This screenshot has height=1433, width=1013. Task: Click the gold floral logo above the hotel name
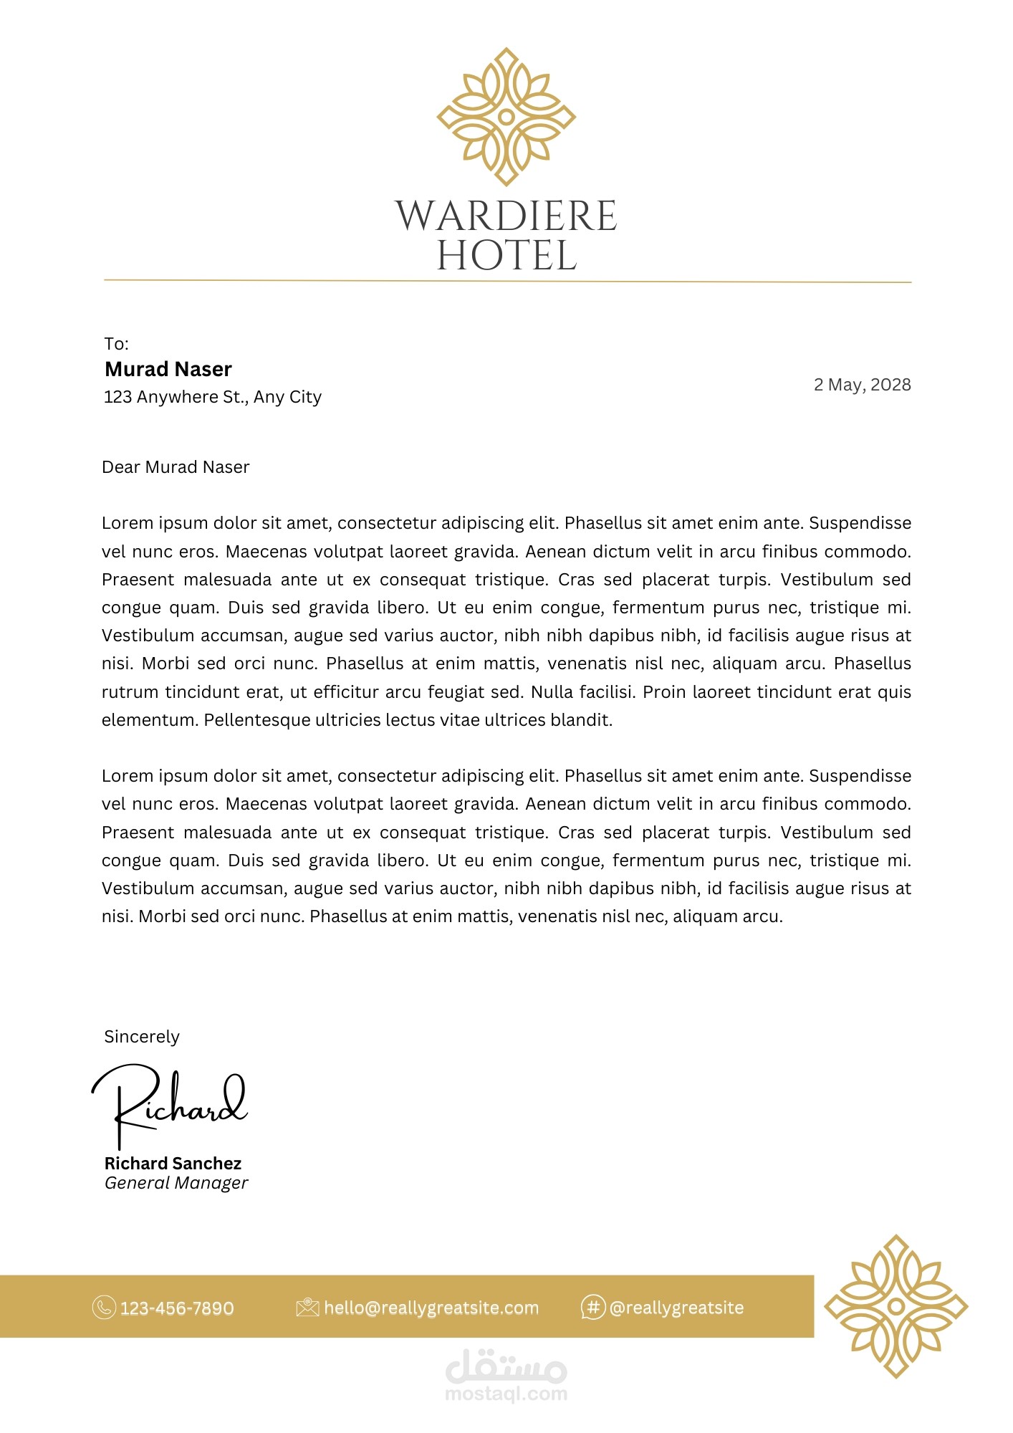tap(506, 117)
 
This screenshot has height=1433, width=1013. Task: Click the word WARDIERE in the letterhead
tap(506, 216)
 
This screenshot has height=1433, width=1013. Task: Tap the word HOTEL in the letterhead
tap(506, 256)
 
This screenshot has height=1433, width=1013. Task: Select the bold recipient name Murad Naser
tap(168, 369)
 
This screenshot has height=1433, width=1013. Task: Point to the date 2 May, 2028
tap(862, 385)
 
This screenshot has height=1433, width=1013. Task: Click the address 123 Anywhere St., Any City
tap(213, 397)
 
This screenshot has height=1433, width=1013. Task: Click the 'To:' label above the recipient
tap(116, 344)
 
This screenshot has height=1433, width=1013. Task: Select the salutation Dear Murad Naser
tap(176, 467)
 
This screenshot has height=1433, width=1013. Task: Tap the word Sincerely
tap(142, 1037)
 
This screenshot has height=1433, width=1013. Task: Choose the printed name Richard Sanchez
tap(173, 1164)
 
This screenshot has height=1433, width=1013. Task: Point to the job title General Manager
tap(176, 1183)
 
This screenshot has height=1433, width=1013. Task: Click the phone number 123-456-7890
tap(177, 1308)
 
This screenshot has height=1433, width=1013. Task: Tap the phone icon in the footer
tap(104, 1308)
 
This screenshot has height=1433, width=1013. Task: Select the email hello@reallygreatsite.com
tap(431, 1308)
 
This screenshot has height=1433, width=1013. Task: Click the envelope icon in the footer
tap(307, 1308)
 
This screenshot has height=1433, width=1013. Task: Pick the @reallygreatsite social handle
tap(676, 1308)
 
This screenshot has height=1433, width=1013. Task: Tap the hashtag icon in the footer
tap(592, 1308)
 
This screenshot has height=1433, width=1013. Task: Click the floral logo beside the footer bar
tap(896, 1306)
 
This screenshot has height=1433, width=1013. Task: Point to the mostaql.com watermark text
tap(506, 1394)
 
